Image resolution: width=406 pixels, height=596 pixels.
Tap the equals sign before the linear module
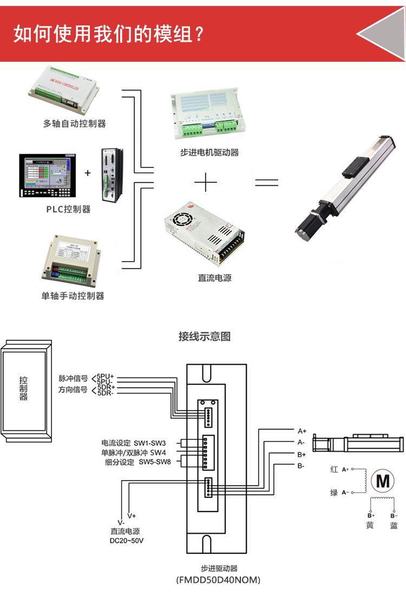[x=266, y=183]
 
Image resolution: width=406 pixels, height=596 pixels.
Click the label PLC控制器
[x=68, y=209]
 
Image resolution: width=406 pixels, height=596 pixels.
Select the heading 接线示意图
[x=205, y=336]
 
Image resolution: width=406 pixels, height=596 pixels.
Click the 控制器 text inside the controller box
[x=23, y=388]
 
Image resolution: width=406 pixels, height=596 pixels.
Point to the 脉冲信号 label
[x=73, y=378]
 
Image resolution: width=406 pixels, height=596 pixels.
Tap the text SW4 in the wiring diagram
[x=158, y=452]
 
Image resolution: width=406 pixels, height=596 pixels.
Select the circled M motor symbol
[x=383, y=481]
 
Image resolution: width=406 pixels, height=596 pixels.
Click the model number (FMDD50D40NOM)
[x=218, y=580]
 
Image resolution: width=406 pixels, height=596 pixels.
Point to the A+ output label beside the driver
[x=302, y=431]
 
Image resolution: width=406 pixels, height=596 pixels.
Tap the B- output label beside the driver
[x=301, y=466]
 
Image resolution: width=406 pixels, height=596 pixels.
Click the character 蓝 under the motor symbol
[x=394, y=526]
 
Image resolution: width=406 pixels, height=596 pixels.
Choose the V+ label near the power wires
[x=132, y=515]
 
